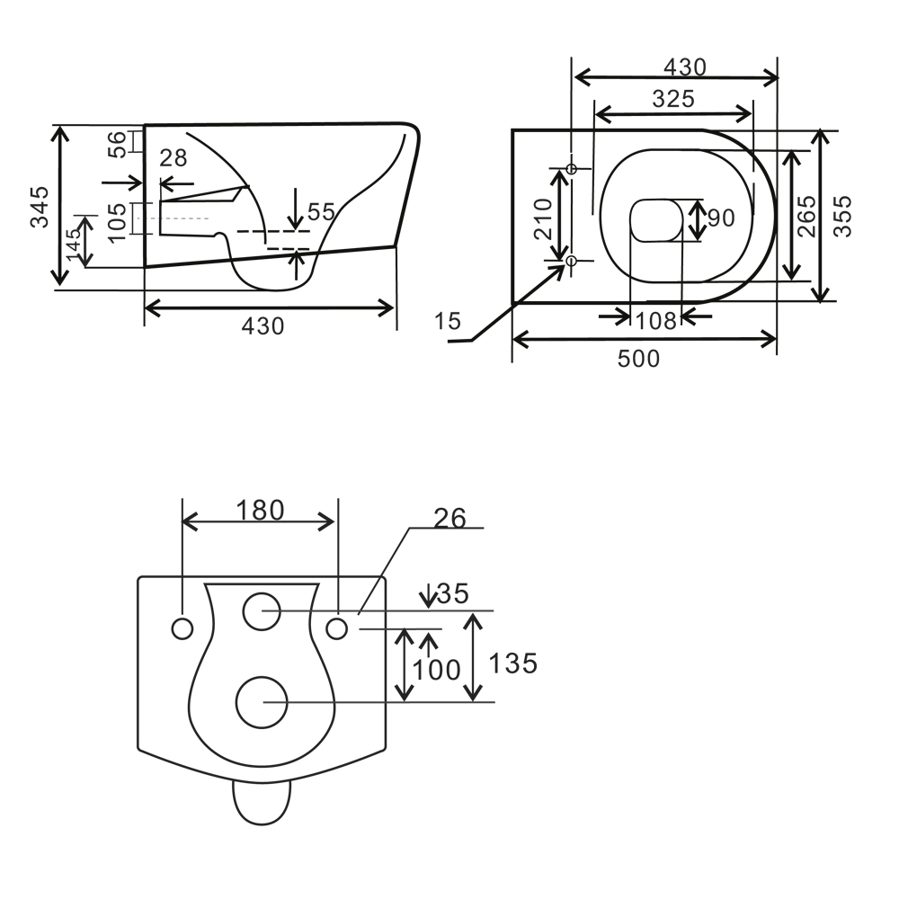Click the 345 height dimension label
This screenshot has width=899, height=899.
click(x=39, y=207)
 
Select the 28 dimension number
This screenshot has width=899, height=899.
click(x=173, y=158)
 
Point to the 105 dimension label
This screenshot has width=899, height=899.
click(x=116, y=219)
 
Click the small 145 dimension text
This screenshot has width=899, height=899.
click(x=74, y=241)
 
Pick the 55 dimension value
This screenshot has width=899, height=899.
click(x=320, y=212)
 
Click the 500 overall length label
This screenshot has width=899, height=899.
click(x=638, y=359)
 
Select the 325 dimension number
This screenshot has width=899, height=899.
click(x=672, y=99)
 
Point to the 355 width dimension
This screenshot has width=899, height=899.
click(x=843, y=216)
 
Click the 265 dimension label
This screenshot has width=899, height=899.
click(x=806, y=216)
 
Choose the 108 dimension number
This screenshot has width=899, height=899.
click(x=654, y=319)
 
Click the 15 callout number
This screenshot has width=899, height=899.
click(x=448, y=320)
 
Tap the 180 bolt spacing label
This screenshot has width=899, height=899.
click(x=260, y=511)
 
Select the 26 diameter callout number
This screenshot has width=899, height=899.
click(x=449, y=519)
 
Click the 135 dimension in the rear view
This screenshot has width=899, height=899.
click(x=512, y=663)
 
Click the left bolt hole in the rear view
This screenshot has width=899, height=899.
click(x=182, y=628)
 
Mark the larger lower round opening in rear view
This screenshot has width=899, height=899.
click(x=261, y=702)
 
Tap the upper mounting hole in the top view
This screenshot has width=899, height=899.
click(x=573, y=168)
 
